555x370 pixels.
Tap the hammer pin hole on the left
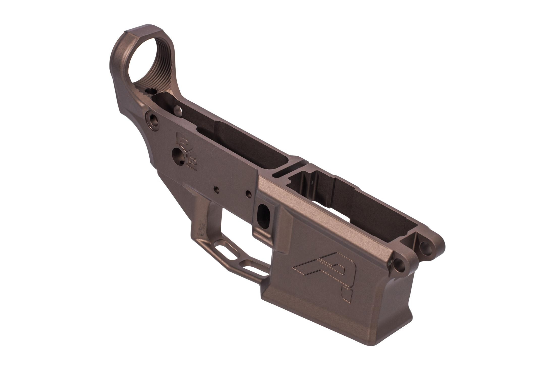(x=216, y=189)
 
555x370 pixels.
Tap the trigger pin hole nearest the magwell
(x=248, y=194)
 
